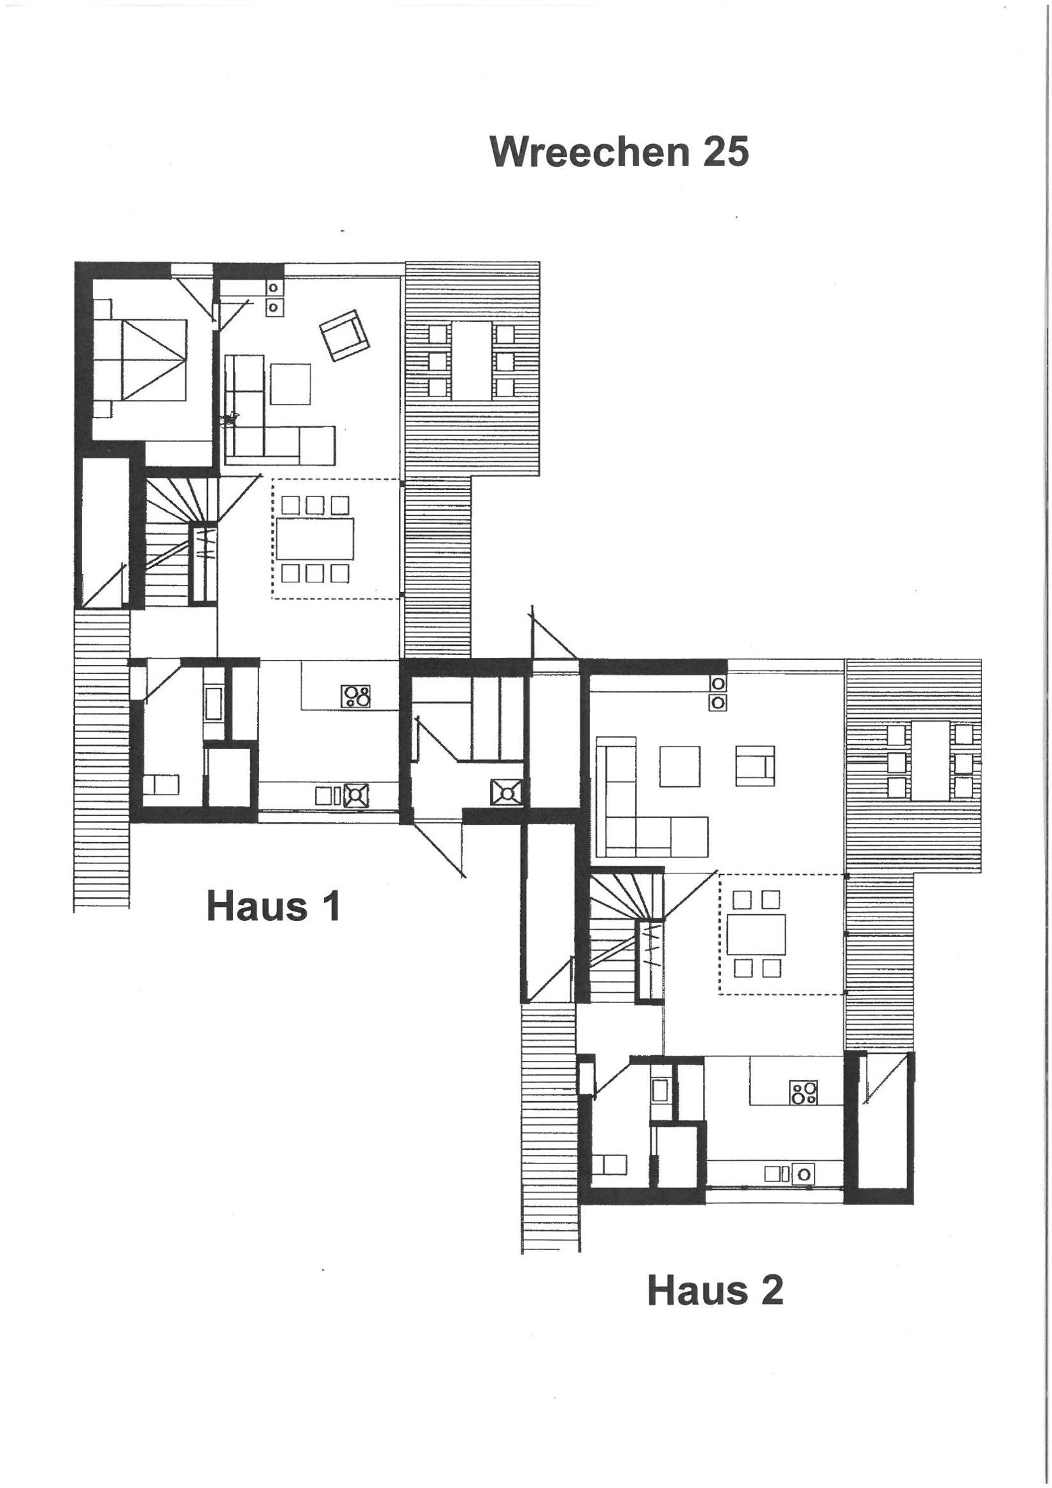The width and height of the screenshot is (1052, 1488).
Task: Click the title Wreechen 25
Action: (x=619, y=152)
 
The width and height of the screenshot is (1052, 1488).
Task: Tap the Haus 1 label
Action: (x=273, y=906)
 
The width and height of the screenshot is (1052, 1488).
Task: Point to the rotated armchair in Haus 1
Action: (x=344, y=334)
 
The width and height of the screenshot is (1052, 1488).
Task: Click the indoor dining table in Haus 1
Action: (x=315, y=538)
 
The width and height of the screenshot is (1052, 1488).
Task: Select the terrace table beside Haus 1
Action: (x=472, y=360)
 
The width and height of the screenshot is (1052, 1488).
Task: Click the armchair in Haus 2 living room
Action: (x=755, y=766)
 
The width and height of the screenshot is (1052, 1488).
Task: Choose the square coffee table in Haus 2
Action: (x=680, y=766)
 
